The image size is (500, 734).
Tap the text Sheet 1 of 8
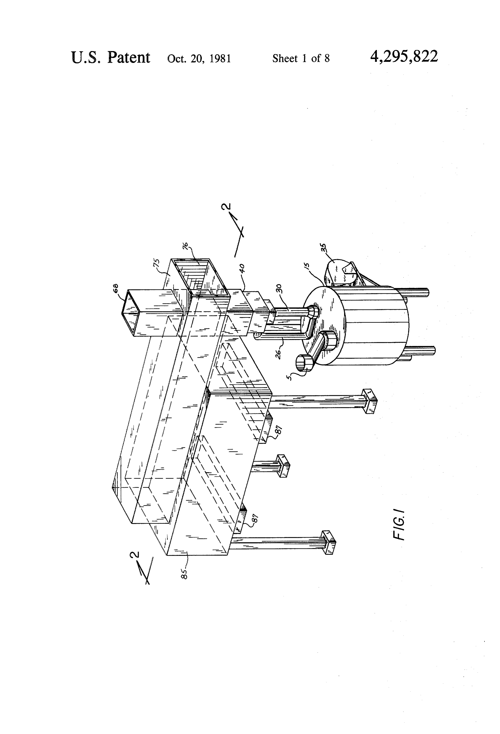(301, 58)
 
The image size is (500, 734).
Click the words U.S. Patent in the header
(111, 58)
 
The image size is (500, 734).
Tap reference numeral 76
(186, 246)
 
